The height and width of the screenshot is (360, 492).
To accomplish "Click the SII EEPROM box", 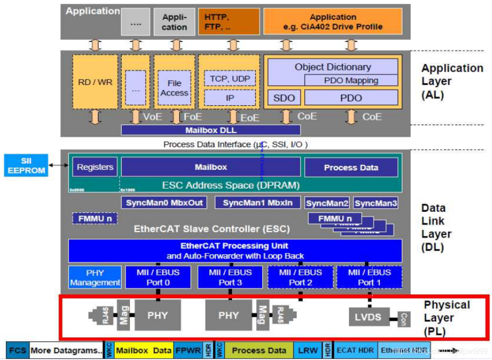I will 26,165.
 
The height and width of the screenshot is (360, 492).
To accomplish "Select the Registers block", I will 95,167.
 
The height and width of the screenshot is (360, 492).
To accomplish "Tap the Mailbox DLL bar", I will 210,130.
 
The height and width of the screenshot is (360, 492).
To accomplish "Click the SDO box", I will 284,98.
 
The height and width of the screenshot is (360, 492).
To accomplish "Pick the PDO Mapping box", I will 351,80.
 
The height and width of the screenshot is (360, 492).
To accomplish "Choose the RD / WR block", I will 95,82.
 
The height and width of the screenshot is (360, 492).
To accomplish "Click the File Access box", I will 174,88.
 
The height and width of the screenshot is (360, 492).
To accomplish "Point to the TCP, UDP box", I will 230,78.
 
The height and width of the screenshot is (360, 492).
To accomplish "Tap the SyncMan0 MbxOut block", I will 164,203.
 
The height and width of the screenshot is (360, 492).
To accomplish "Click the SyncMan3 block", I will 375,203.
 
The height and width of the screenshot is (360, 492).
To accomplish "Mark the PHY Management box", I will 95,278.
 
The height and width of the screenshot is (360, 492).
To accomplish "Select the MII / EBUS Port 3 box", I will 230,277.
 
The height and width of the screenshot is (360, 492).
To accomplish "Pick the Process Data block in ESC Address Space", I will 351,167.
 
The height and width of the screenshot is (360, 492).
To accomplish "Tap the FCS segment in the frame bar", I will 18,350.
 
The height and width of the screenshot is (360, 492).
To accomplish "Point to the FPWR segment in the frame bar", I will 188,350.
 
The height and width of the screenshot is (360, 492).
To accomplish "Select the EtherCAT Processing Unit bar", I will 235,251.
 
